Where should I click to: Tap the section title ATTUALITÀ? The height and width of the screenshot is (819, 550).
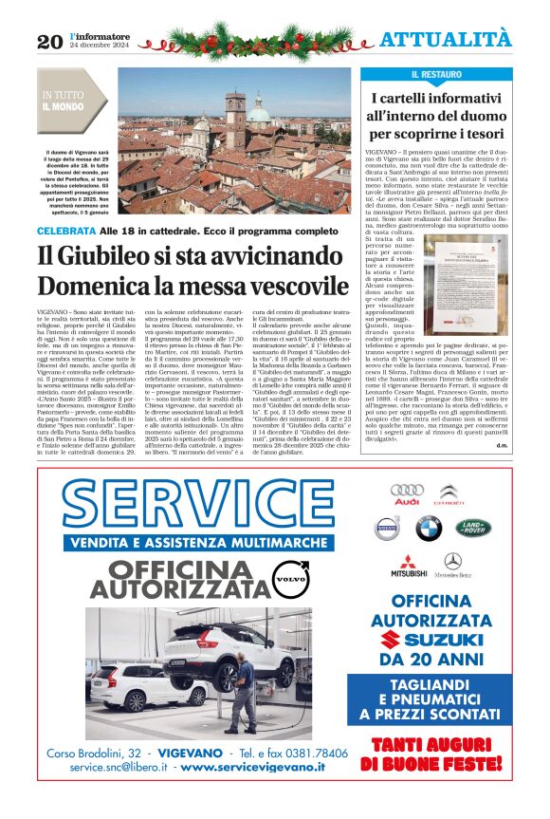(x=445, y=39)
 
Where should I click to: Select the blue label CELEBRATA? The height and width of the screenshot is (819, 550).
(x=65, y=232)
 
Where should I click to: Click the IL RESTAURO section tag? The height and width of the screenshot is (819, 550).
(x=437, y=74)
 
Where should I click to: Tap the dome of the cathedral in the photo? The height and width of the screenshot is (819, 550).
(x=258, y=112)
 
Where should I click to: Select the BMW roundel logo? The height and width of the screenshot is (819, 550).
(x=428, y=528)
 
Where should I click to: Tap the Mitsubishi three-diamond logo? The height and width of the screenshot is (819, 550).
(x=409, y=565)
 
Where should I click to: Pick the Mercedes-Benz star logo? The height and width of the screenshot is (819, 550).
(x=452, y=564)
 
